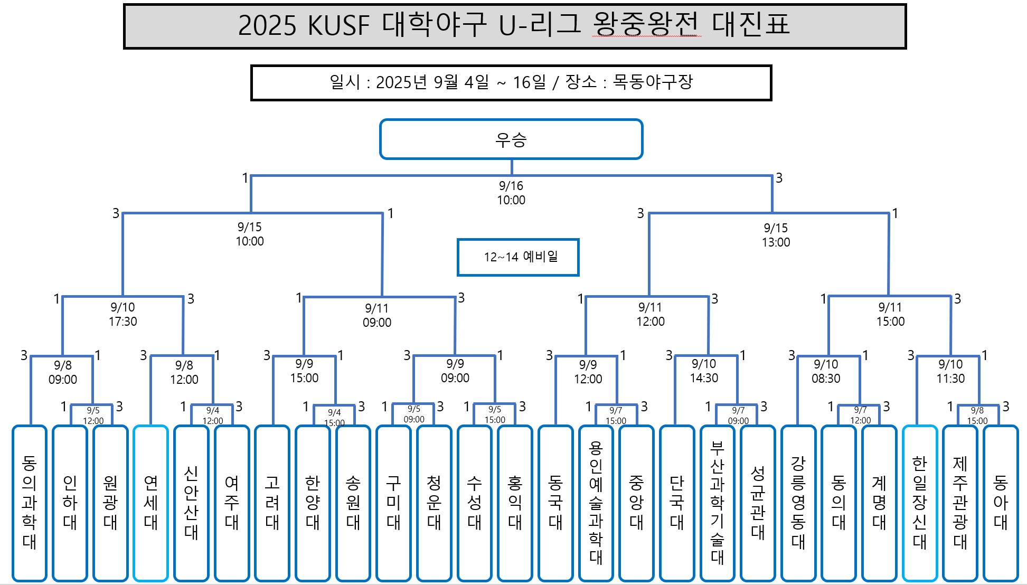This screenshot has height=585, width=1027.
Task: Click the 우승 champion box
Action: [x=511, y=139]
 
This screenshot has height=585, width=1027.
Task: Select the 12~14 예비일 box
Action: [x=518, y=257]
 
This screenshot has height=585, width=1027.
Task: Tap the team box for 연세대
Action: [x=151, y=503]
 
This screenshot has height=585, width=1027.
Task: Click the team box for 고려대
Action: [x=272, y=503]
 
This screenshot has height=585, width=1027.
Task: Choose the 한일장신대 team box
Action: [x=920, y=503]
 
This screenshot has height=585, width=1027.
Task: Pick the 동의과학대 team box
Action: [x=30, y=503]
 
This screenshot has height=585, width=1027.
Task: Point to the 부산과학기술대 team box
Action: [x=717, y=503]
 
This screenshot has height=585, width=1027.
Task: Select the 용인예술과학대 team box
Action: [x=596, y=503]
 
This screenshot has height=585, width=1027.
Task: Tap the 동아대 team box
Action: [x=1001, y=503]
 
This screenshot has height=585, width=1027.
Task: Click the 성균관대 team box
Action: [x=758, y=503]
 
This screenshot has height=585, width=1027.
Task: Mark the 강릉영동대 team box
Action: [x=798, y=503]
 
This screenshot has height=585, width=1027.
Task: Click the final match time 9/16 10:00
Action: [x=511, y=193]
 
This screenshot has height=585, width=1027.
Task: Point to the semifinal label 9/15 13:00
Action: [x=776, y=235]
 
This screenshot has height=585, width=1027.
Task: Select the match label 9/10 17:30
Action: [x=123, y=315]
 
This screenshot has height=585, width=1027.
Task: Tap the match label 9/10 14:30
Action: [x=704, y=371]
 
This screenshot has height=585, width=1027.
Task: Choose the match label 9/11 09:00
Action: [x=377, y=316]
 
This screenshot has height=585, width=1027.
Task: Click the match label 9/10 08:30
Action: [x=826, y=372]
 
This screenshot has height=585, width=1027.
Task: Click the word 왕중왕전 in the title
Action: [x=646, y=25]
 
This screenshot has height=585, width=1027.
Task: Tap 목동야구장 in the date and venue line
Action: [x=653, y=82]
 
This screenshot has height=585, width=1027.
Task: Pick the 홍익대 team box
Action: [x=515, y=503]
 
